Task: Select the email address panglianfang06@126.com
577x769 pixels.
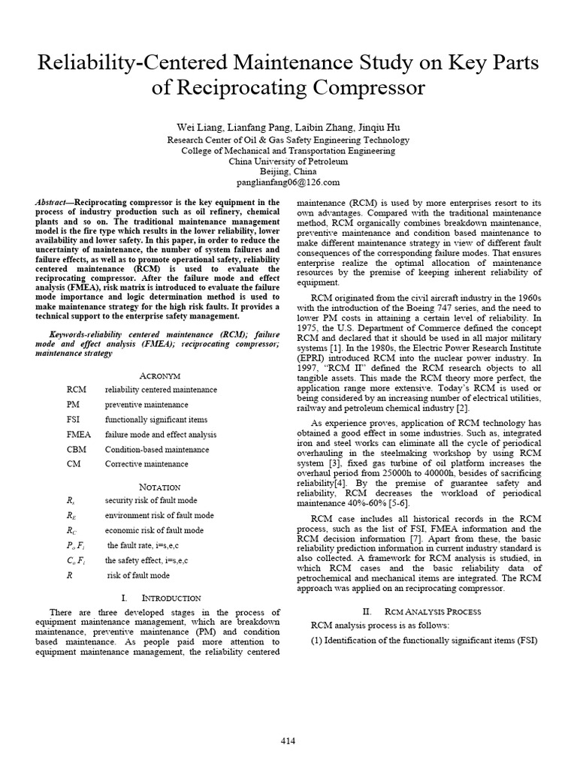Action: point(288,182)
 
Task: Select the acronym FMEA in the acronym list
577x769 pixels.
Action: point(78,434)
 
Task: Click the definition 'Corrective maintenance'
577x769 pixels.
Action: point(147,464)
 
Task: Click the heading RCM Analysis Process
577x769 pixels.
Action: point(432,611)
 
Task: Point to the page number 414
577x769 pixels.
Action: point(288,740)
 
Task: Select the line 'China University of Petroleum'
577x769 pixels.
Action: point(288,161)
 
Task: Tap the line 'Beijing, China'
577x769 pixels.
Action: point(288,171)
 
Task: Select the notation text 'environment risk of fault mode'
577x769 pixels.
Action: point(159,515)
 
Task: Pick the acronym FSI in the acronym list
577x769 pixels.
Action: point(74,420)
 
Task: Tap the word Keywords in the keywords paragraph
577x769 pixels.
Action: point(68,333)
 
